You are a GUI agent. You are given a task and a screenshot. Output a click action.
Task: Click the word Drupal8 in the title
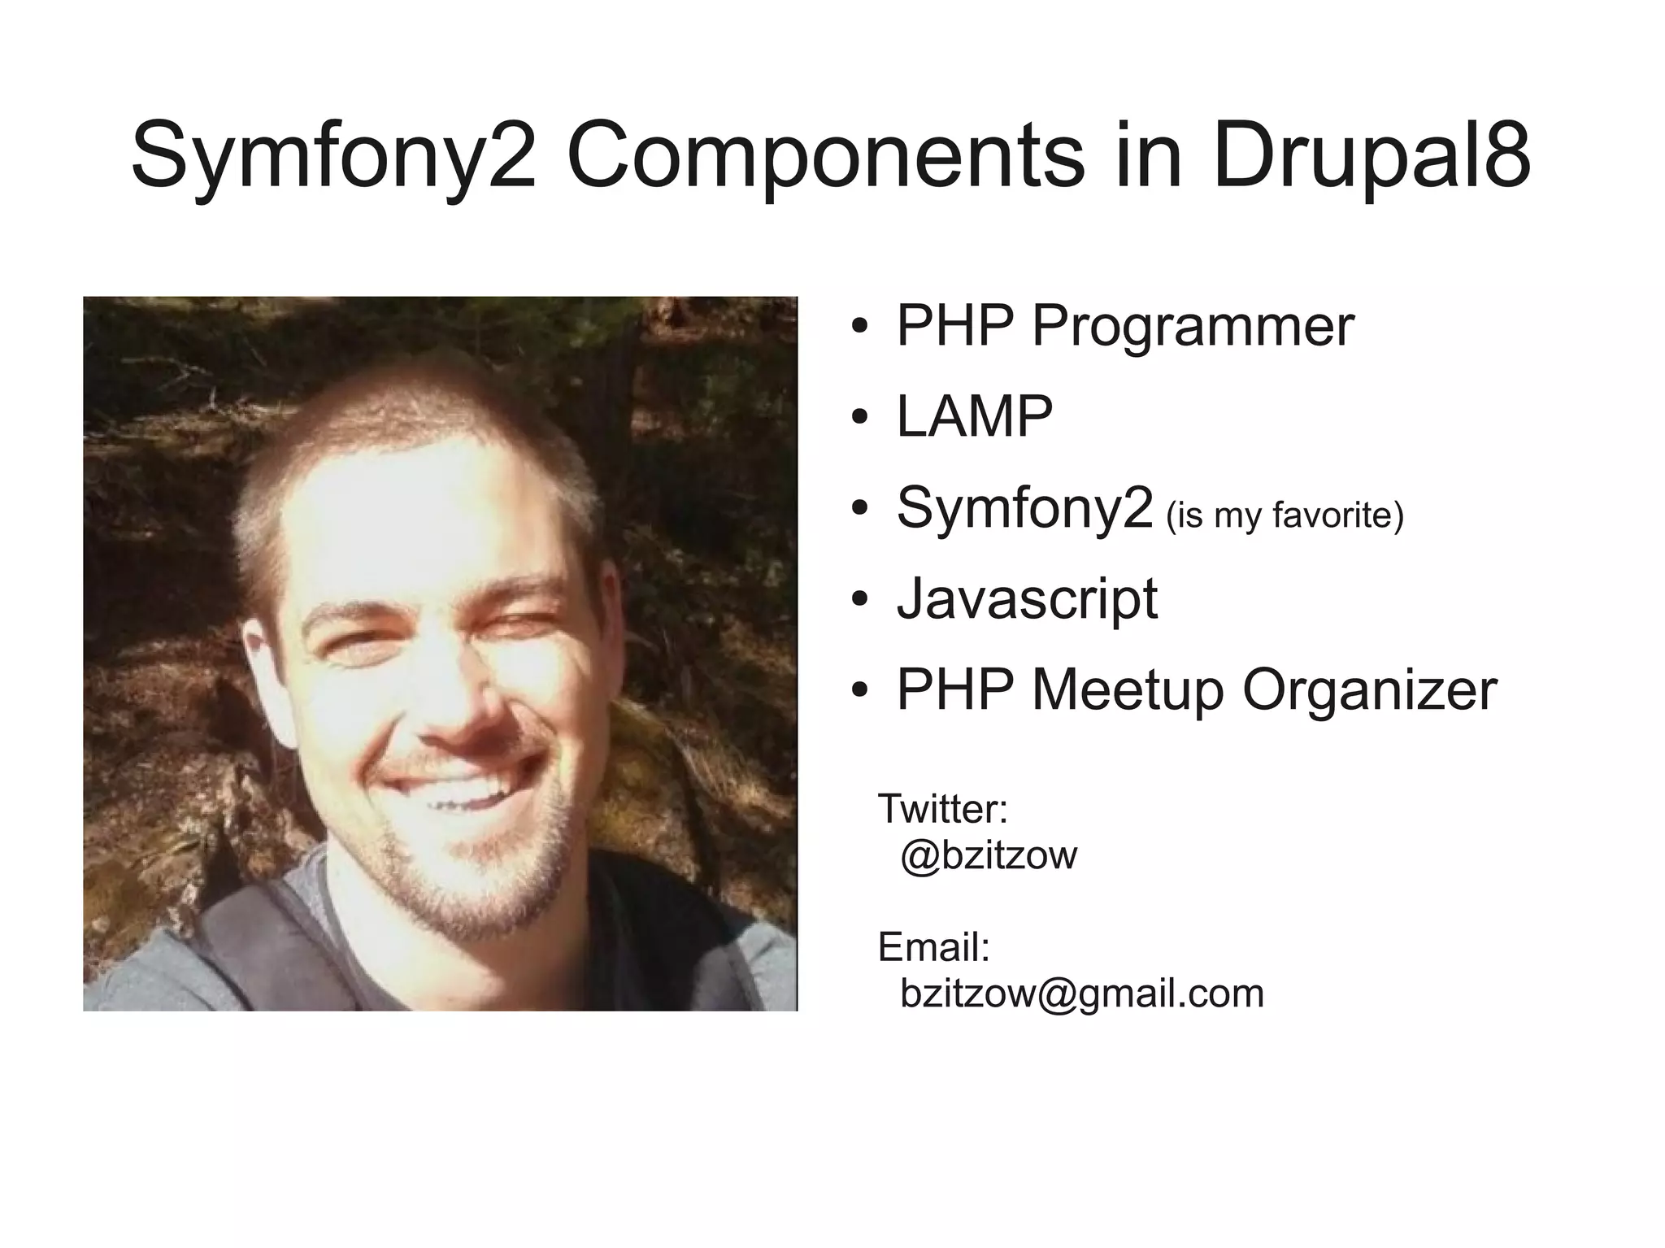tap(1372, 154)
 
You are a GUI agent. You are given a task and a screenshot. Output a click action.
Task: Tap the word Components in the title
tap(824, 154)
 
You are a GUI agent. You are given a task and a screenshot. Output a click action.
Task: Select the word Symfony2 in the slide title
tap(333, 154)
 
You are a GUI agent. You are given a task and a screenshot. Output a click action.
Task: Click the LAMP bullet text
tap(974, 416)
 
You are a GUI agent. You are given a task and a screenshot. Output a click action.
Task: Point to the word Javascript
tap(1027, 598)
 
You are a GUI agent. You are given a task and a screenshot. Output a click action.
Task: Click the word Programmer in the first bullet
tap(1193, 325)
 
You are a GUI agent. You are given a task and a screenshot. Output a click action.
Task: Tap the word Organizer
tap(1369, 689)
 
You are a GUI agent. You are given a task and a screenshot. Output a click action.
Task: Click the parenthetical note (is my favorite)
tap(1285, 515)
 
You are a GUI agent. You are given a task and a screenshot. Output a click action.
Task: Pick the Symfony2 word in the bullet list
tap(1024, 507)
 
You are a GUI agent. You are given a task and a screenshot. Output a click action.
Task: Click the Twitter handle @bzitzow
tap(989, 854)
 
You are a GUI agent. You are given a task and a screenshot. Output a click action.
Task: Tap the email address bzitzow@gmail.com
tap(1082, 993)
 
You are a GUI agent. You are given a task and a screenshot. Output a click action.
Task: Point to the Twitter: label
tap(943, 808)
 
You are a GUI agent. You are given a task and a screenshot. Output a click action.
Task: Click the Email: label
tap(934, 947)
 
